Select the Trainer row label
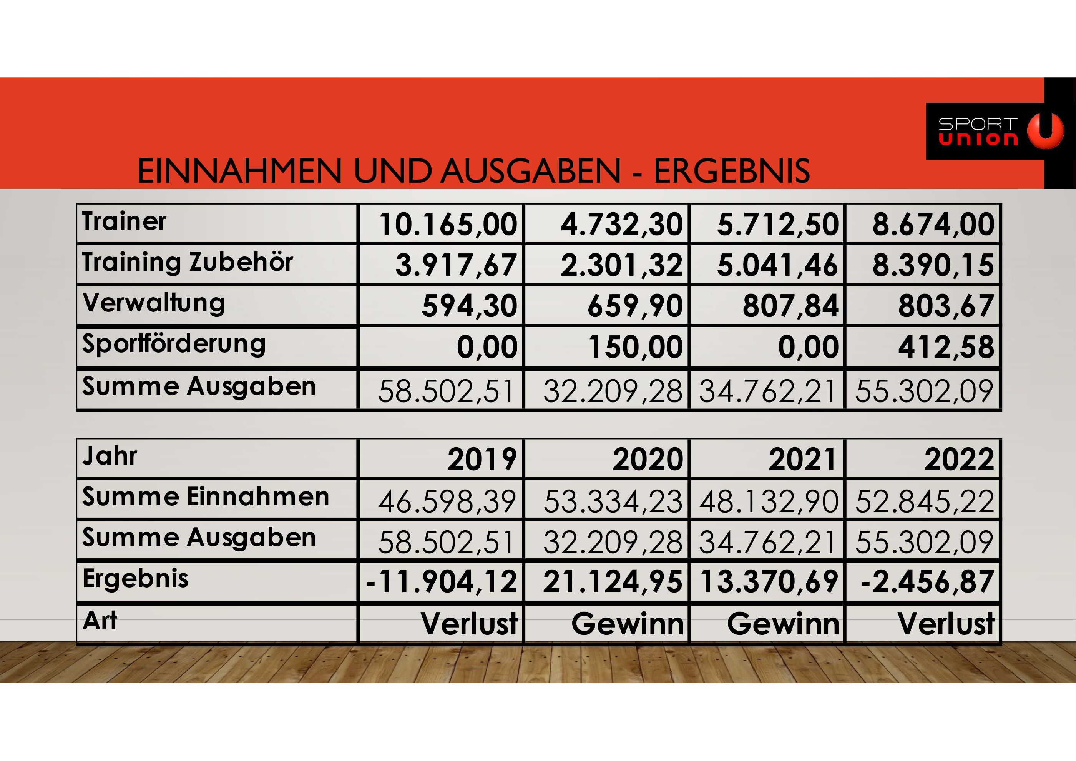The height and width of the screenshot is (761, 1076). pyautogui.click(x=124, y=222)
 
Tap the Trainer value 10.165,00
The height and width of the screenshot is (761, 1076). pyautogui.click(x=448, y=224)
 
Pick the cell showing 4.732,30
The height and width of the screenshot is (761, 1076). pyautogui.click(x=621, y=224)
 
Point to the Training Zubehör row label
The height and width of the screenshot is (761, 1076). pyautogui.click(x=188, y=262)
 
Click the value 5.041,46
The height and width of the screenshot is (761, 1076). pyautogui.click(x=777, y=265)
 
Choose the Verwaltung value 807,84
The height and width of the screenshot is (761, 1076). pyautogui.click(x=790, y=306)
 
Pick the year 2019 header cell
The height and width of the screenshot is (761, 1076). pyautogui.click(x=482, y=459)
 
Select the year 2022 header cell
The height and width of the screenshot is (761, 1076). pyautogui.click(x=959, y=459)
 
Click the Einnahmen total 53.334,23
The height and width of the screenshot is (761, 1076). pyautogui.click(x=613, y=501)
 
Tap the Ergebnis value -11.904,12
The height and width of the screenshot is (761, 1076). pyautogui.click(x=442, y=582)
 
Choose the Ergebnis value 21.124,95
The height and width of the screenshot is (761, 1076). pyautogui.click(x=613, y=582)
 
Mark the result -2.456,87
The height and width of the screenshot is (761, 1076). pyautogui.click(x=927, y=582)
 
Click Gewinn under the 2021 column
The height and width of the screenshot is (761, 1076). pyautogui.click(x=783, y=624)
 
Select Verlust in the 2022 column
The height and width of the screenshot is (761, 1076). pyautogui.click(x=946, y=624)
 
